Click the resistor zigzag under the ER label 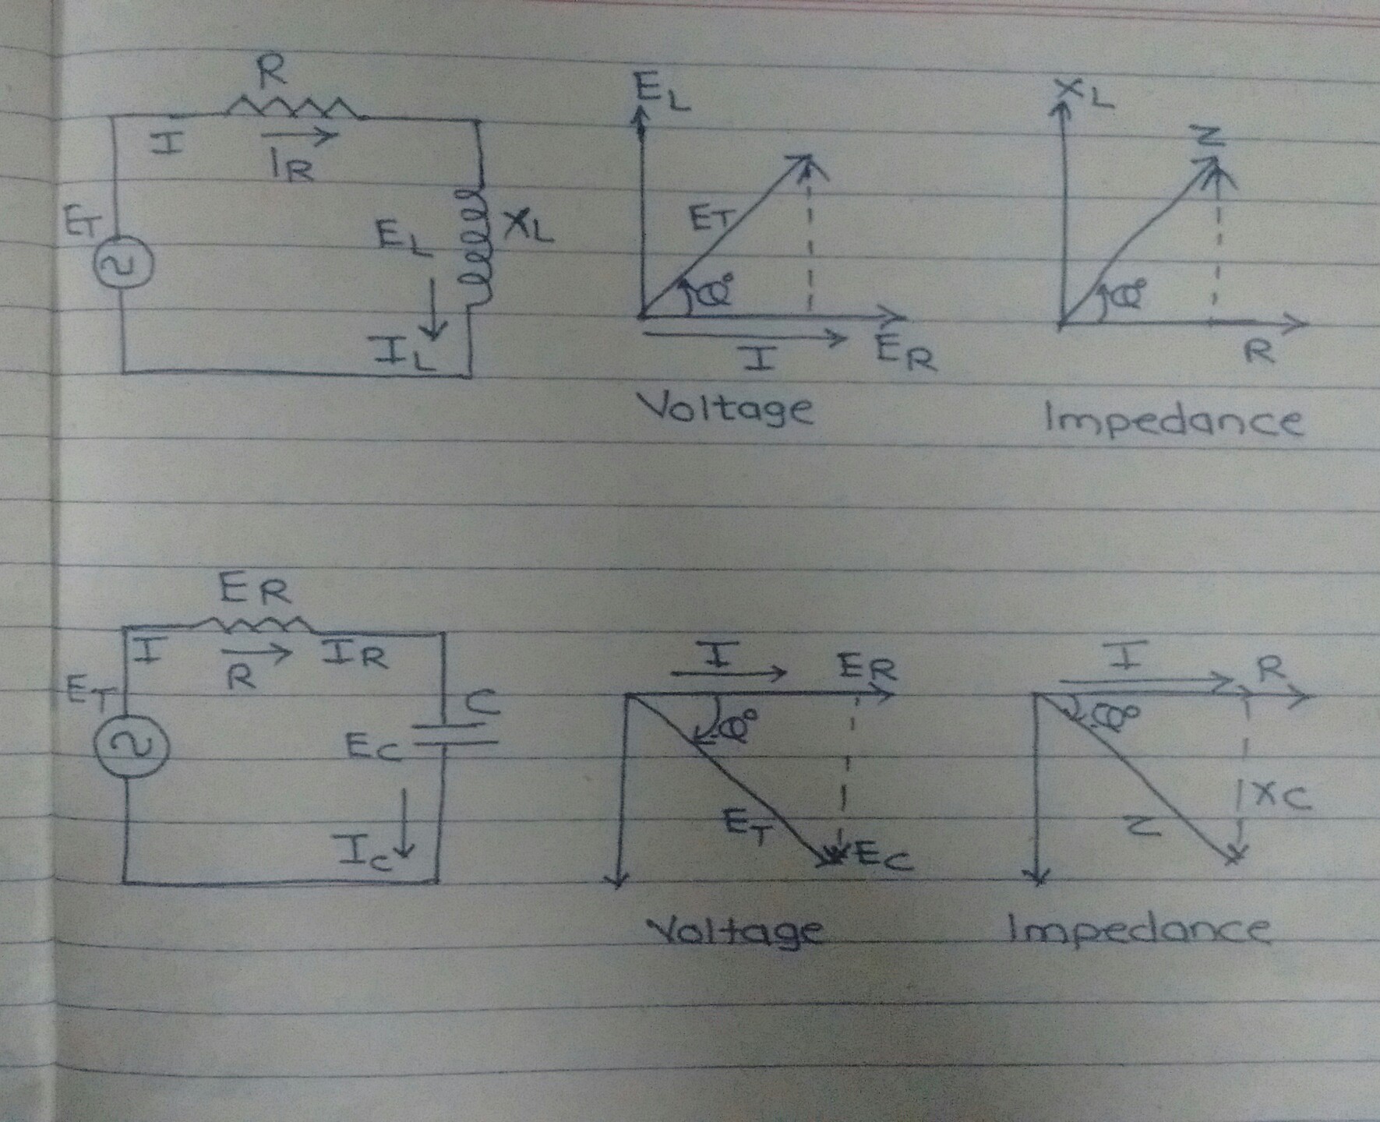pos(255,623)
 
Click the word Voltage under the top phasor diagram pos(725,409)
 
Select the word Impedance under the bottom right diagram pos(1138,930)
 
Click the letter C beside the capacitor pos(478,705)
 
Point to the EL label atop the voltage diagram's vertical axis pos(662,93)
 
